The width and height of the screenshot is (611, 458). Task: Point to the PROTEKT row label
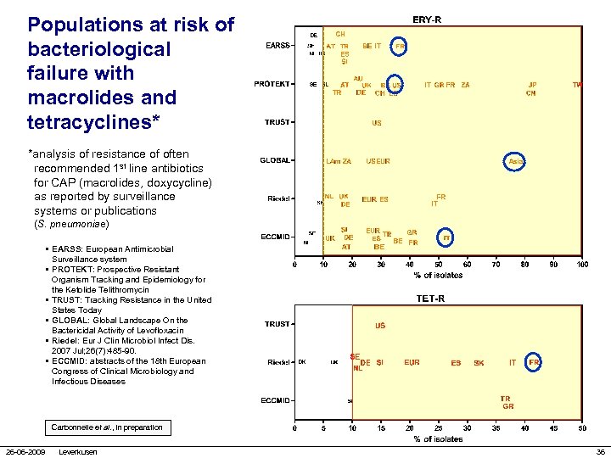[272, 84]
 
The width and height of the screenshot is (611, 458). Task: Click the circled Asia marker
[516, 161]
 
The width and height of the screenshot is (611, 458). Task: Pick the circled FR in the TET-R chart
[535, 362]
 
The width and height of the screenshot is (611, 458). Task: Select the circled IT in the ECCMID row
[446, 238]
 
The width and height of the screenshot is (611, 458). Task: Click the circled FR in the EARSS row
[400, 46]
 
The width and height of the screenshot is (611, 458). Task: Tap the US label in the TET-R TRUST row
[380, 326]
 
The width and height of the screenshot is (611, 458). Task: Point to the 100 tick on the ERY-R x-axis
[581, 265]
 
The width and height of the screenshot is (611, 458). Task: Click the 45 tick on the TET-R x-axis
[581, 428]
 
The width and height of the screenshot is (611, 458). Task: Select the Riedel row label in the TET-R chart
[278, 362]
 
